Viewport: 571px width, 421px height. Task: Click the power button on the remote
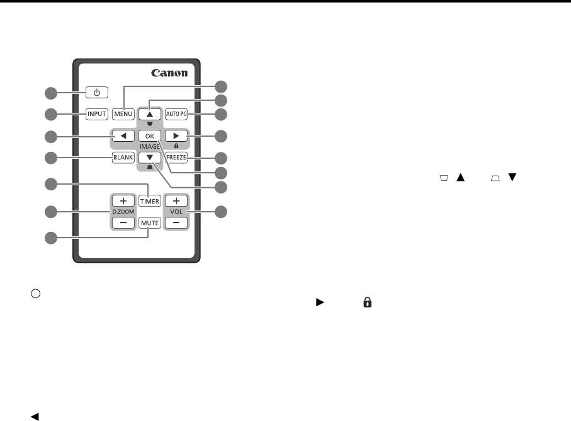[x=96, y=93]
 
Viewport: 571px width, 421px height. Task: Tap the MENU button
[x=122, y=115]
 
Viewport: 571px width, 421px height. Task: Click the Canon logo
[x=169, y=73]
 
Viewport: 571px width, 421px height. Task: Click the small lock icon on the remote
[x=176, y=146]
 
